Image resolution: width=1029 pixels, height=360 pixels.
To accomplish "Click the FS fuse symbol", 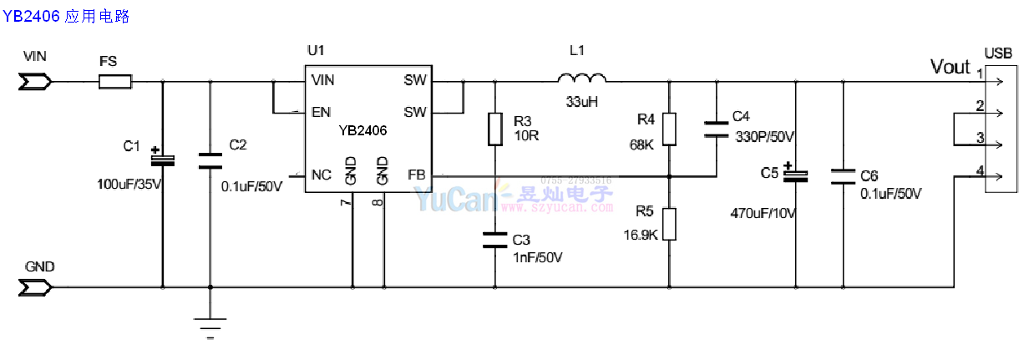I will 115,82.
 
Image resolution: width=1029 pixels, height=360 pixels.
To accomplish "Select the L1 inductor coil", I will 582,79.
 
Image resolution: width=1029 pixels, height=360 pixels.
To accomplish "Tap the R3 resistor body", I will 495,129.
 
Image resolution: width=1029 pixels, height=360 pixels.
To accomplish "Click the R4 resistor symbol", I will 669,129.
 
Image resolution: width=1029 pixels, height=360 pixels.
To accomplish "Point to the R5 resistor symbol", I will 669,223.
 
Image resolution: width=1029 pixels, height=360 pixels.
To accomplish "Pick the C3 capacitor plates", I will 495,241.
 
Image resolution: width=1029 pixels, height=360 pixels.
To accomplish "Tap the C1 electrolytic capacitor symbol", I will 162,158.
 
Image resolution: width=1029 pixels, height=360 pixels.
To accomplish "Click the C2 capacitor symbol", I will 210,160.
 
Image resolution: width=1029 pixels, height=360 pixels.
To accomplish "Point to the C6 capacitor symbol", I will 843,175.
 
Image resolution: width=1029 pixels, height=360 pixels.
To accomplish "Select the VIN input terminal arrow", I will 36,82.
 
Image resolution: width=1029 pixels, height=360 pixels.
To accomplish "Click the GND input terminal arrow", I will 36,288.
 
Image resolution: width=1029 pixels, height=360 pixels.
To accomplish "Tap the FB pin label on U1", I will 417,175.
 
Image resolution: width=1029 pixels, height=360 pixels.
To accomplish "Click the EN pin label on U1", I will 320,112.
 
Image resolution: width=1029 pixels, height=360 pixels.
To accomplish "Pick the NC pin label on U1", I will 321,175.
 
